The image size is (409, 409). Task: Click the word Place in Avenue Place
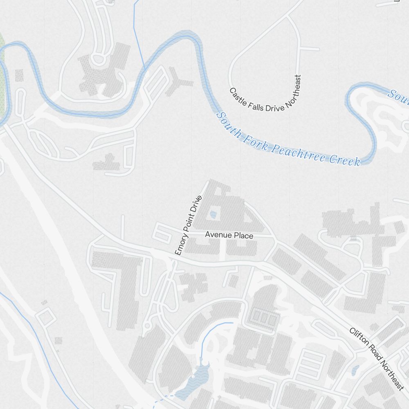pos(244,236)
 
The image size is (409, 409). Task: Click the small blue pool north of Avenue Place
pos(213,214)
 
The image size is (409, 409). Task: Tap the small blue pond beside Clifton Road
pos(355,371)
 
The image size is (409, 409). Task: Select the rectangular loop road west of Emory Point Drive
pos(162,234)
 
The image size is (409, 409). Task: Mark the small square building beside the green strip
pos(19,75)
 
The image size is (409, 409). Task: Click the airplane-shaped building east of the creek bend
pos(177,83)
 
